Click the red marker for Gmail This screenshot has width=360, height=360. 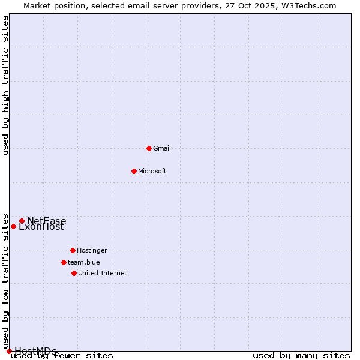click(x=149, y=148)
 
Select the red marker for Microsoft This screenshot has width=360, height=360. click(x=134, y=171)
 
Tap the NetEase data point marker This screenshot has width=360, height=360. click(x=22, y=221)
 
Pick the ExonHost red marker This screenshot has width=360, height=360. click(x=13, y=226)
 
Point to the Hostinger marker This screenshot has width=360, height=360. click(x=73, y=250)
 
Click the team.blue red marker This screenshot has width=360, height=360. click(x=64, y=262)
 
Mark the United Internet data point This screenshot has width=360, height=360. click(x=74, y=273)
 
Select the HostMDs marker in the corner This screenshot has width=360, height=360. click(x=9, y=351)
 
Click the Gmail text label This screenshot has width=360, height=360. click(x=162, y=148)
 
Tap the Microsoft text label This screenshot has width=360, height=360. click(x=152, y=171)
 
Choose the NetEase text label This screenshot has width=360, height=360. click(x=47, y=221)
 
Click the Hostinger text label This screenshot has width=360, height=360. click(x=92, y=250)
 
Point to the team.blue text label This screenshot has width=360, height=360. click(x=84, y=262)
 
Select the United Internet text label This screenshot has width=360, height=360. click(x=103, y=273)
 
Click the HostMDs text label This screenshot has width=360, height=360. click(x=36, y=351)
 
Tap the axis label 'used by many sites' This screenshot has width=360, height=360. click(x=301, y=356)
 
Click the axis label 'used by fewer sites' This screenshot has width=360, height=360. click(x=62, y=356)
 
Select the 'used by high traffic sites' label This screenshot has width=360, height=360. click(x=5, y=85)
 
